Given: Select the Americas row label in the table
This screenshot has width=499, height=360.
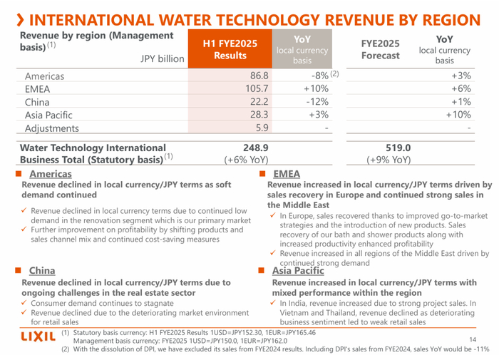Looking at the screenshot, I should [x=44, y=76].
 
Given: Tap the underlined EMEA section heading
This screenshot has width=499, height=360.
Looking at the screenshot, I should [x=286, y=174].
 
